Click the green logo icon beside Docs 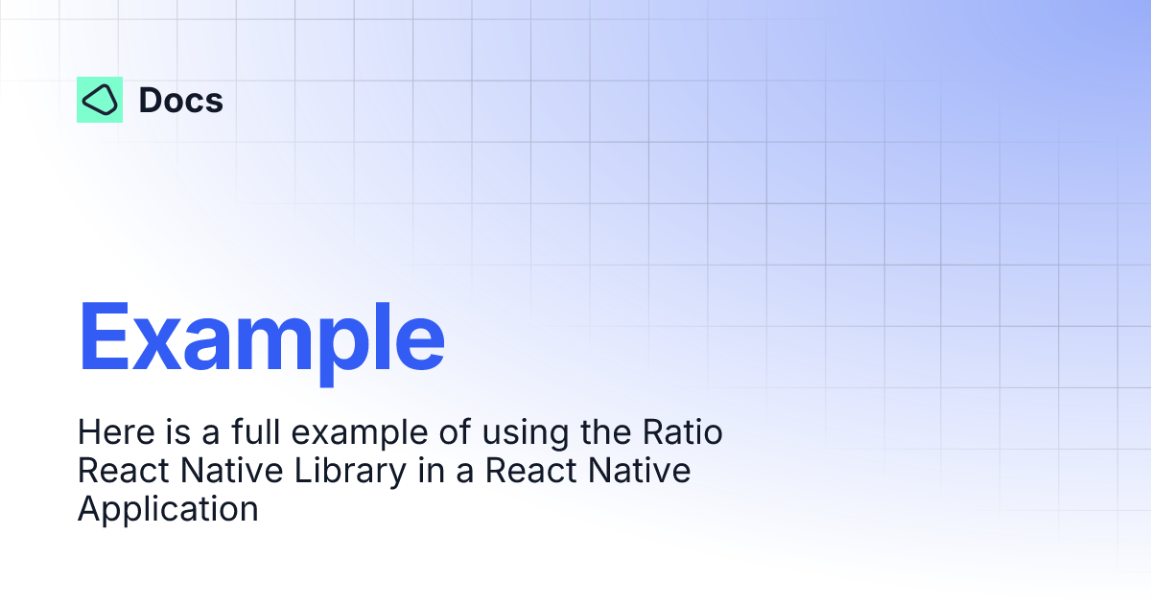(100, 100)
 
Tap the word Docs (180, 100)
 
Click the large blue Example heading (261, 337)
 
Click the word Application (168, 509)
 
